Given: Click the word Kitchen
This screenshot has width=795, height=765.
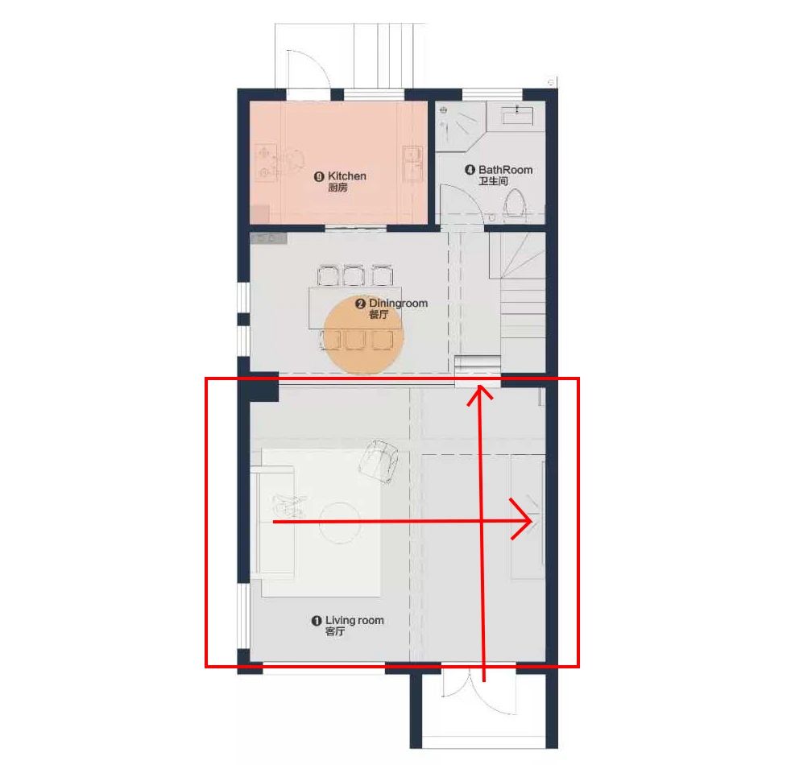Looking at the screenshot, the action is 347,176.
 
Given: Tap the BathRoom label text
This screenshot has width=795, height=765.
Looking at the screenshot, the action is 506,170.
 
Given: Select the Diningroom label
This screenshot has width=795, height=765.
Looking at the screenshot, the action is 398,303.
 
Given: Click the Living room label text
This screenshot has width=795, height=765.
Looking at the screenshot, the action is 354,620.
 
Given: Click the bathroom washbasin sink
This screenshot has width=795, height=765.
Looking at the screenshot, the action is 517,115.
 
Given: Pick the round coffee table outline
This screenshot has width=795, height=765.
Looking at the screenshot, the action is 340,522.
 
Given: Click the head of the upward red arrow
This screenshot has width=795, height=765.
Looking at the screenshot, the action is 479,394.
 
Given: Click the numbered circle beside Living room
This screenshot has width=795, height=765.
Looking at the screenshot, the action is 317,621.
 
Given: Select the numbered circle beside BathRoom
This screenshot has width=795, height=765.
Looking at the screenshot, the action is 470,170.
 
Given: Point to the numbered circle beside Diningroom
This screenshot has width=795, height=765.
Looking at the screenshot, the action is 360,304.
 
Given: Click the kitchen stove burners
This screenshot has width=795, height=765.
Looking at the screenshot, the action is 264,162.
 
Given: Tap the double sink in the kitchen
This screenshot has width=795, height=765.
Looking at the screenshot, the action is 412,165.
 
